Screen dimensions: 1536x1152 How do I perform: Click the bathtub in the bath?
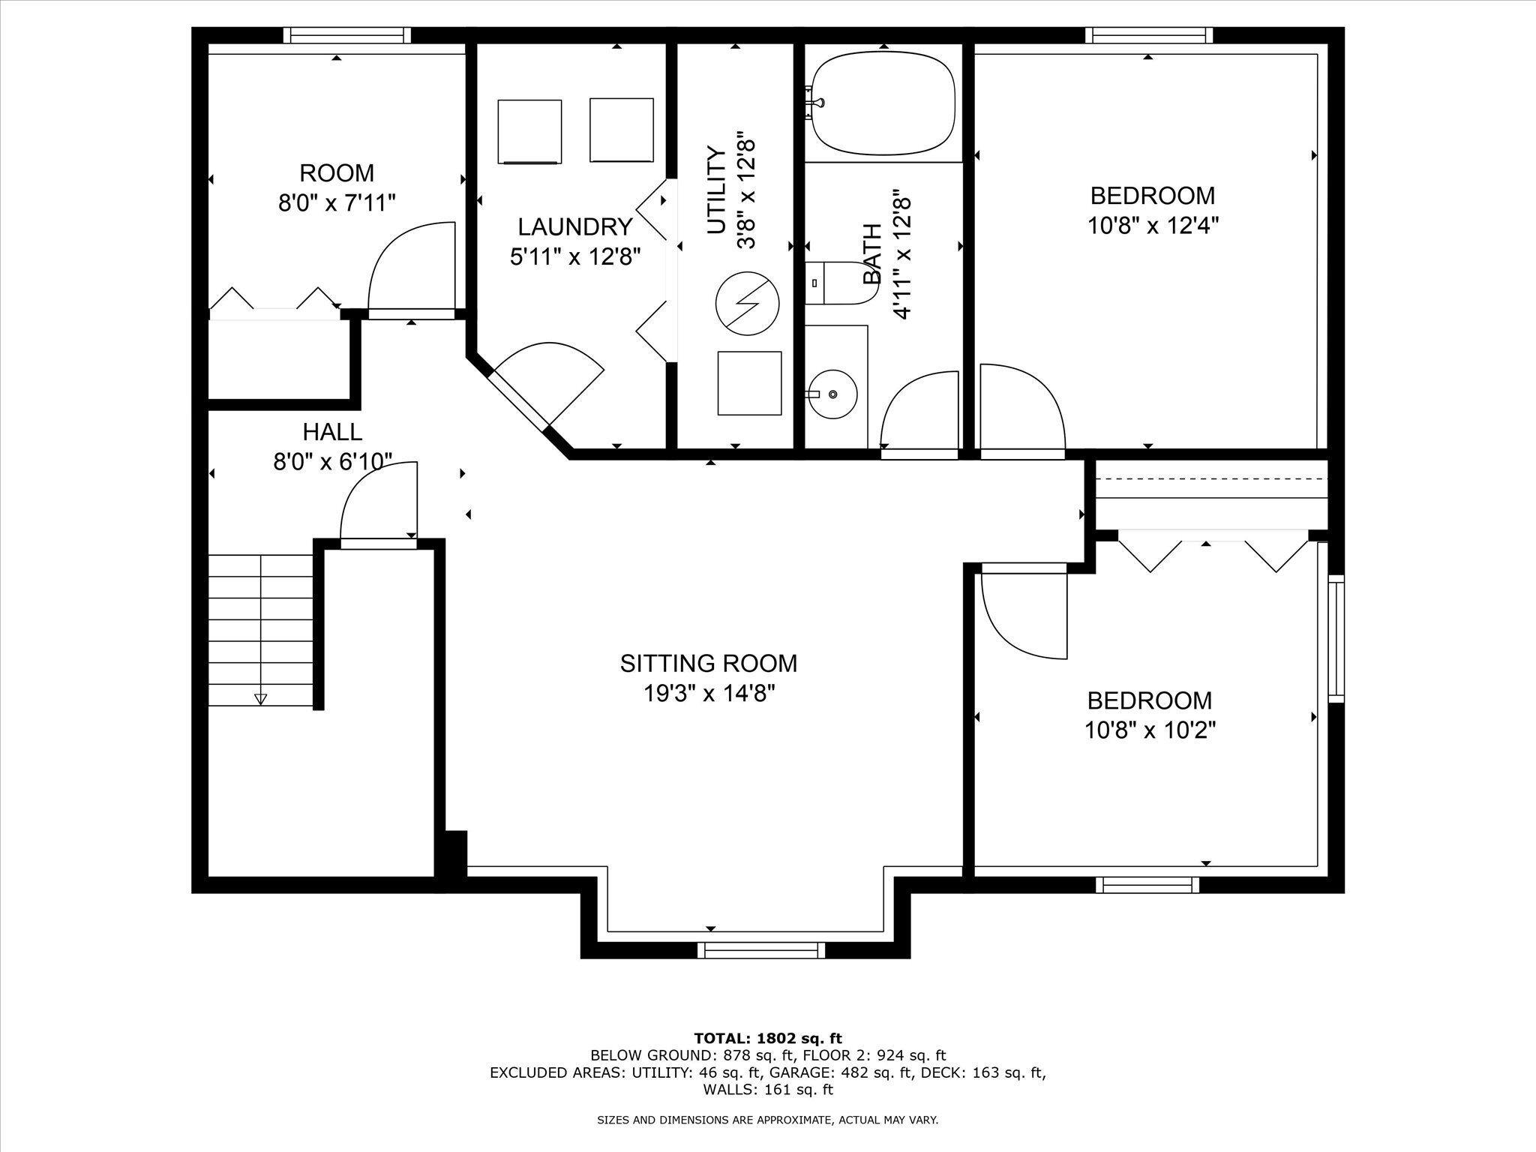(883, 103)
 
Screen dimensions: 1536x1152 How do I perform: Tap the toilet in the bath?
(839, 283)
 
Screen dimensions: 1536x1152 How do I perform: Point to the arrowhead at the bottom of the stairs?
(260, 699)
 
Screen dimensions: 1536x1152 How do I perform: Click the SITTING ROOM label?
(709, 663)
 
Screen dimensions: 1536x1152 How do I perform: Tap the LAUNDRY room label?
(575, 226)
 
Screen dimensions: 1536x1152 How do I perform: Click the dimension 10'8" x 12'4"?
(1153, 225)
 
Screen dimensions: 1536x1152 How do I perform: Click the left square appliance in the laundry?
(529, 131)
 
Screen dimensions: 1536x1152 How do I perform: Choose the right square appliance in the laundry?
(622, 129)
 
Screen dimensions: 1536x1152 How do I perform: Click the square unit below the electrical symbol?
(749, 382)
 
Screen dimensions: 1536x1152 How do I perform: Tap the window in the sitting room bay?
(760, 950)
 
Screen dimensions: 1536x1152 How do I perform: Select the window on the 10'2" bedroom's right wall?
(1336, 638)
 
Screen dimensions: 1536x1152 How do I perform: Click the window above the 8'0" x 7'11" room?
(347, 35)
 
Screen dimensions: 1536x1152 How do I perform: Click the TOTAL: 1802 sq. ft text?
(768, 1039)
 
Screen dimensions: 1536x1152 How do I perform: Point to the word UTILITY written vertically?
(717, 190)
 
